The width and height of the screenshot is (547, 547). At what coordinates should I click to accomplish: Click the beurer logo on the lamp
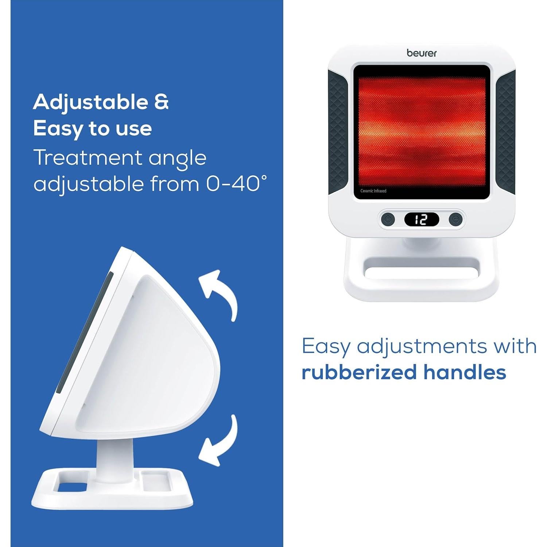pos(422,53)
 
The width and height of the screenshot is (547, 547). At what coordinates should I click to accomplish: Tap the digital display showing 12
pos(422,219)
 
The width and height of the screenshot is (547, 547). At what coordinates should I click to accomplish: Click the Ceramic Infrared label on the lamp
pos(373,191)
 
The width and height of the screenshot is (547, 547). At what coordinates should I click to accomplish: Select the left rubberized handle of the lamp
pos(338,132)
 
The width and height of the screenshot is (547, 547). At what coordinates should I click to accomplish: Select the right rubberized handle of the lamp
pos(505,132)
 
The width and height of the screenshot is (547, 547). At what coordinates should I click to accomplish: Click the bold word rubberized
pos(359,372)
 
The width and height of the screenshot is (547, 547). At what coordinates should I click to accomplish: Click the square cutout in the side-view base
pos(72,486)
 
